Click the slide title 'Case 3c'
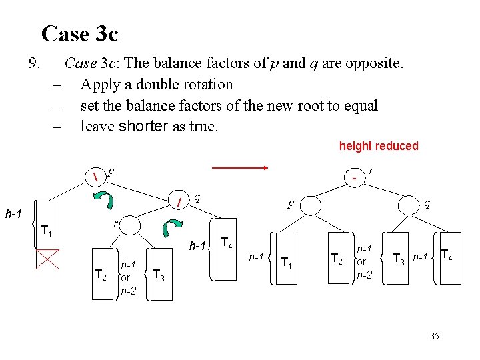click(x=79, y=33)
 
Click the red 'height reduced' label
click(x=378, y=146)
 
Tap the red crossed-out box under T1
click(x=47, y=259)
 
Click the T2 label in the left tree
click(x=101, y=273)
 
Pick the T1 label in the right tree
click(x=287, y=261)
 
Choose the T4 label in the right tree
click(x=447, y=254)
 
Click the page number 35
click(x=435, y=337)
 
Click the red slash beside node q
click(x=179, y=201)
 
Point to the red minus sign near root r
click(x=355, y=178)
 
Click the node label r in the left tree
click(x=115, y=223)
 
